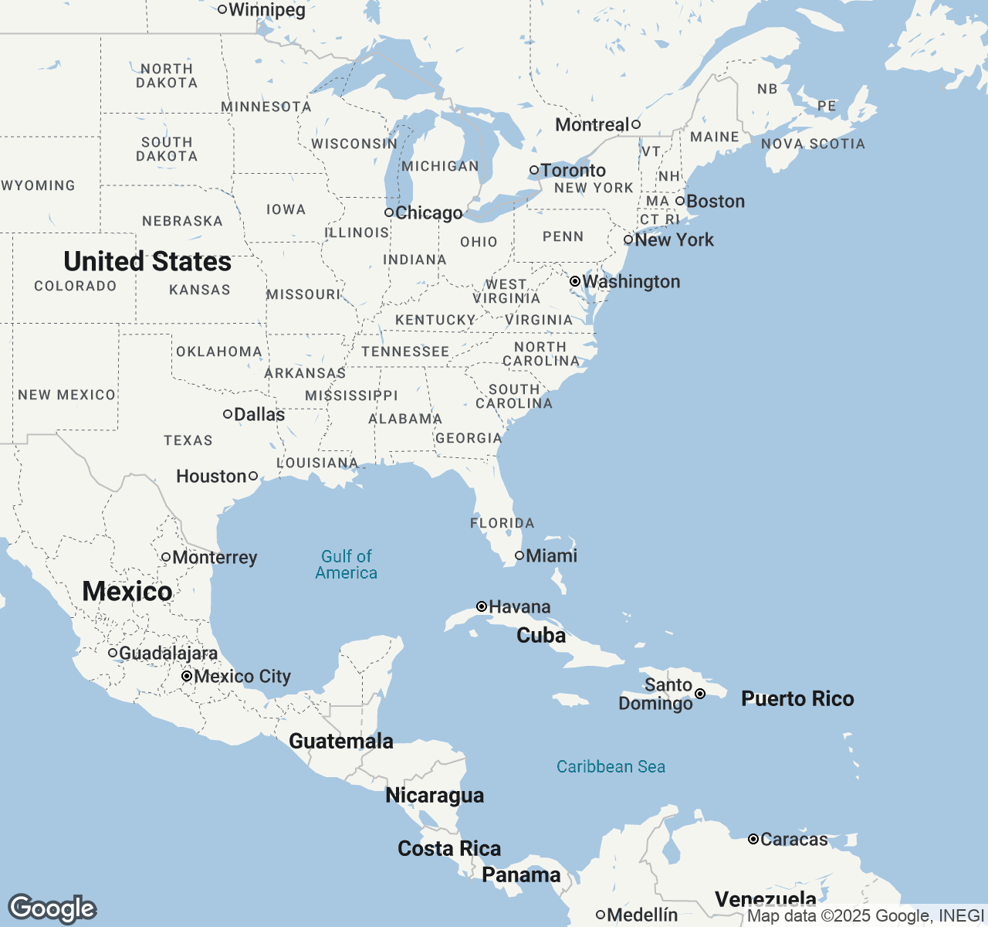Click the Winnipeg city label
pos(267,10)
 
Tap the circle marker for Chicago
pos(389,212)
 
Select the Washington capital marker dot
pos(575,281)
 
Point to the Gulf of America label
pos(347,565)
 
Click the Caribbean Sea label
pos(611,766)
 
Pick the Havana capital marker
pos(482,606)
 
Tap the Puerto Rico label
pos(797,698)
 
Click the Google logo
pos(52,908)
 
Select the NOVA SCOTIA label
pos(813,144)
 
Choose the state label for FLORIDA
pos(502,523)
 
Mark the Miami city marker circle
pos(519,555)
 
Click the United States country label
pos(147,262)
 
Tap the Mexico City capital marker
pos(187,676)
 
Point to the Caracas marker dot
pos(753,839)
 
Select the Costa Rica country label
pos(449,848)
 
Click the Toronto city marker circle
pos(534,170)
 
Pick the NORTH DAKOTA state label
pos(167,76)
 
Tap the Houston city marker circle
pos(253,476)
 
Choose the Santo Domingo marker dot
pos(700,694)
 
